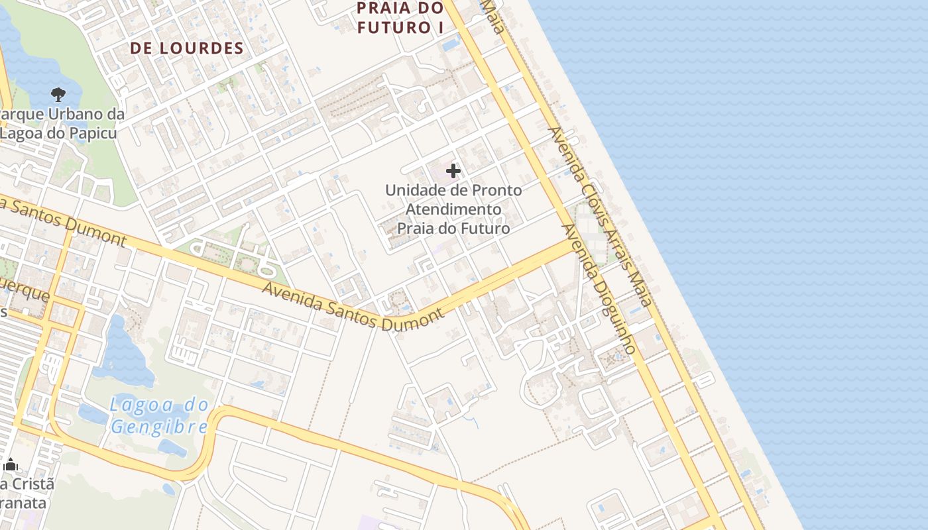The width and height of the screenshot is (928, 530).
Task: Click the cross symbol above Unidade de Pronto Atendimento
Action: [453, 171]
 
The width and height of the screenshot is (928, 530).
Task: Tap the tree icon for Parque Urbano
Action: [58, 95]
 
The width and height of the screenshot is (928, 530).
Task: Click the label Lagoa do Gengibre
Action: [159, 415]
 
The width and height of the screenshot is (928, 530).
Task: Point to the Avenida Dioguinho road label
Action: [599, 288]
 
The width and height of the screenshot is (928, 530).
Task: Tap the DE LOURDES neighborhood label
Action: [187, 48]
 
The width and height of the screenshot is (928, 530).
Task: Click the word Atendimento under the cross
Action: [453, 209]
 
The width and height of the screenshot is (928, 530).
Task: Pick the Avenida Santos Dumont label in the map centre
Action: [353, 306]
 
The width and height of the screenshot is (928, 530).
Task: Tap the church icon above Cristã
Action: [10, 464]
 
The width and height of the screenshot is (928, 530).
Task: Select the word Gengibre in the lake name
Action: [159, 427]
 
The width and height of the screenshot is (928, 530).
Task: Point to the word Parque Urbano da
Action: [63, 115]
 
